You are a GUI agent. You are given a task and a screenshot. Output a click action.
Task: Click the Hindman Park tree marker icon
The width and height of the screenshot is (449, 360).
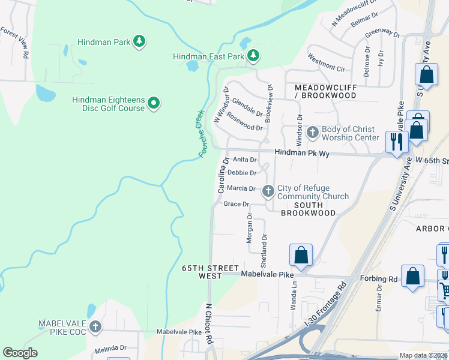tap(139, 41)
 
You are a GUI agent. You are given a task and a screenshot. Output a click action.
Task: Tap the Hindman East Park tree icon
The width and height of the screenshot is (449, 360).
tap(253, 56)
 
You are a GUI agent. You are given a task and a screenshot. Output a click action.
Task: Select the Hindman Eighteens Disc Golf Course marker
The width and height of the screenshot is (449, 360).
tap(154, 103)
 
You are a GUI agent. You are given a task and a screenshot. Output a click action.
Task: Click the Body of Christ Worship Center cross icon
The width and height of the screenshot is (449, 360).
tap(312, 131)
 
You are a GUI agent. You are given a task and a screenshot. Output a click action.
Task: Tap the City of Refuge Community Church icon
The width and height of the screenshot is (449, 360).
tap(268, 191)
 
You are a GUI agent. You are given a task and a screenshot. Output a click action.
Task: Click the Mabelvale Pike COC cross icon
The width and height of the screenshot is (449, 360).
tap(95, 327)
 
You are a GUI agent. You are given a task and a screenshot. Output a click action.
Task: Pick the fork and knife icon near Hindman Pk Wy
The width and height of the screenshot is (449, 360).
tap(396, 142)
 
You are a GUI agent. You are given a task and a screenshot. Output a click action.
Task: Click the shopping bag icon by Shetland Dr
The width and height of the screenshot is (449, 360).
tap(301, 254)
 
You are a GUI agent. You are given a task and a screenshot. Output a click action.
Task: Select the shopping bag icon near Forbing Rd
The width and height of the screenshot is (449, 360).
tap(412, 277)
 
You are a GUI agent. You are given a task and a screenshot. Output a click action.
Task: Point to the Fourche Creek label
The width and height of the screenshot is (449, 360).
tap(201, 134)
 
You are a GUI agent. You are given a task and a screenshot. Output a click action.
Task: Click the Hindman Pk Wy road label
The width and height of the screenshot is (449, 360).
tap(303, 154)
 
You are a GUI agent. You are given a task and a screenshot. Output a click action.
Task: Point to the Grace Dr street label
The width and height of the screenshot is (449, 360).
tap(236, 204)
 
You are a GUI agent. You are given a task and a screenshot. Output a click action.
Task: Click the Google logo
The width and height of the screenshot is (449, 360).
tap(20, 353)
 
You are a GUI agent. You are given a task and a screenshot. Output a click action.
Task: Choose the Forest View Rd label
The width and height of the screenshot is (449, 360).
tap(16, 43)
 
